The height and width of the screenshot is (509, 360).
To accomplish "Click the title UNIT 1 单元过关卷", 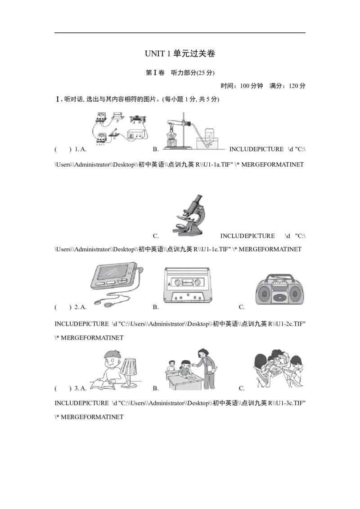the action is (x=180, y=54).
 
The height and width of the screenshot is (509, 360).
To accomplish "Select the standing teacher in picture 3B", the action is (x=205, y=370).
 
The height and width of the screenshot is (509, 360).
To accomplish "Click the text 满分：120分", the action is (x=288, y=86).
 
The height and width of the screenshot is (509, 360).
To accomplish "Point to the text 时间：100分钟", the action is (x=242, y=86).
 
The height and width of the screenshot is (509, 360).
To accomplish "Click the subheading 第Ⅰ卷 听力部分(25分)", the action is (x=180, y=73).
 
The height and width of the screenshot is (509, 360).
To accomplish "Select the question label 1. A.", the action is (x=81, y=149).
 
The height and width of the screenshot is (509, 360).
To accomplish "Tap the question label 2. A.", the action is (x=81, y=307).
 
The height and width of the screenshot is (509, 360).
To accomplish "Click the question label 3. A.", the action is (x=81, y=388).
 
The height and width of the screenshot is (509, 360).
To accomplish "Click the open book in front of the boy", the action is (x=103, y=385).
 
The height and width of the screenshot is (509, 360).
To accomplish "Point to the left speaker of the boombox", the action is (x=264, y=295).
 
